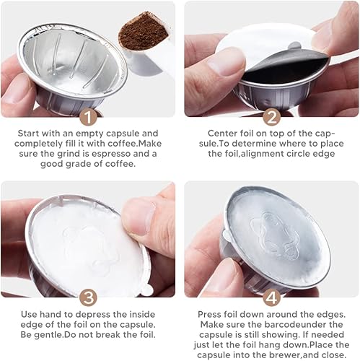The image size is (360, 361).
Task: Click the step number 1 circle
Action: [89, 118]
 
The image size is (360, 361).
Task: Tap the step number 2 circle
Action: [272, 118]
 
